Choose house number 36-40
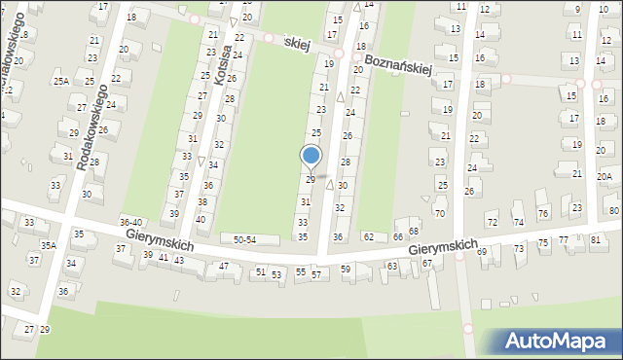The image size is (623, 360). point(130,223)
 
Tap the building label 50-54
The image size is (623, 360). point(238,239)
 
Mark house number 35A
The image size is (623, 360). point(48,245)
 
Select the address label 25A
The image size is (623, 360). point(61,81)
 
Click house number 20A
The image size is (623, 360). point(605,176)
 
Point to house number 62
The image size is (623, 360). point(368,236)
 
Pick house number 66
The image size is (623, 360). point(397,237)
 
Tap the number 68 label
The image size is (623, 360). point(413,231)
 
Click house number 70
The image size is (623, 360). point(439,213)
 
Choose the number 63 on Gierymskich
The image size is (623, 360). point(392,265)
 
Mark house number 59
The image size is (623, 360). point(346,269)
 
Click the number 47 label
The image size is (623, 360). point(224,266)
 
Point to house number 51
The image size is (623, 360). point(260,272)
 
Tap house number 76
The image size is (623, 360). point(543,213)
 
